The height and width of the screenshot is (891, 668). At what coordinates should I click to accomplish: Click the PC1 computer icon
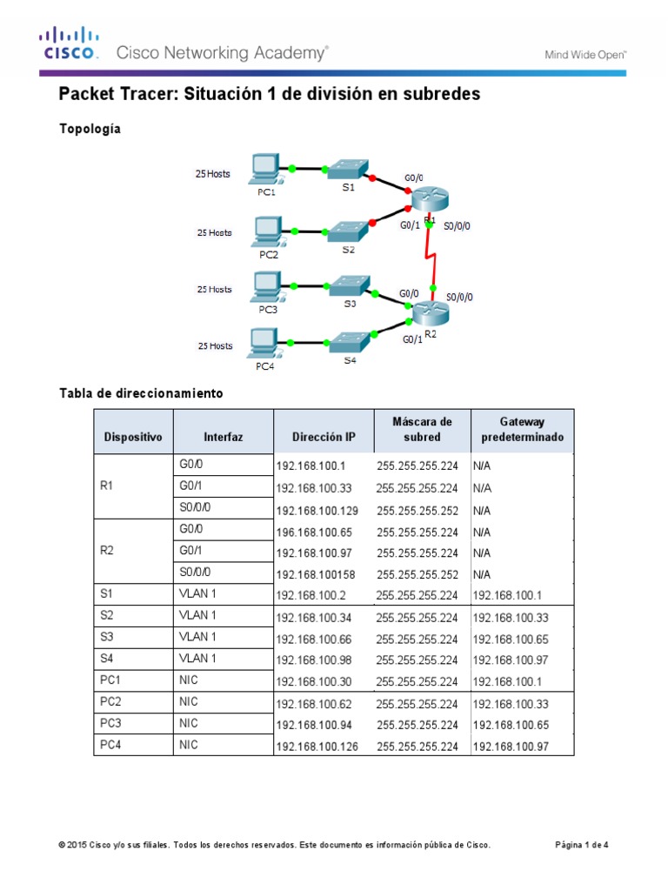point(264,169)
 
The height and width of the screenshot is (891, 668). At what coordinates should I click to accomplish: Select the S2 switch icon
point(348,231)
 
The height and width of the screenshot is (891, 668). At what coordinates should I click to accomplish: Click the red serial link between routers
point(428,258)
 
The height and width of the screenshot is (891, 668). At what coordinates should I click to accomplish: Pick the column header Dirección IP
point(324,437)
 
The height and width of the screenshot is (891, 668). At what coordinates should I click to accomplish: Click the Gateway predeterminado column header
point(522,429)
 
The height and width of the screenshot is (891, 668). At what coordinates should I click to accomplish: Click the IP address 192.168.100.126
point(317,747)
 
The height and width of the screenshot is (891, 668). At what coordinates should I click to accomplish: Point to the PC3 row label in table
point(110,723)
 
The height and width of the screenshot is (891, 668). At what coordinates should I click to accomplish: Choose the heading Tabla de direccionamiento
point(141,393)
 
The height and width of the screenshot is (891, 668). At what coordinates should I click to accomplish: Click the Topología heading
point(90,129)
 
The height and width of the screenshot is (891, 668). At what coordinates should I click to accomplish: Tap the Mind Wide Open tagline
point(585,54)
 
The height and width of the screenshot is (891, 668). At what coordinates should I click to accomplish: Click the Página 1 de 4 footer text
point(582,845)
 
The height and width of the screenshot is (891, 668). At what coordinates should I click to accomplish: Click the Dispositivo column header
point(133,437)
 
